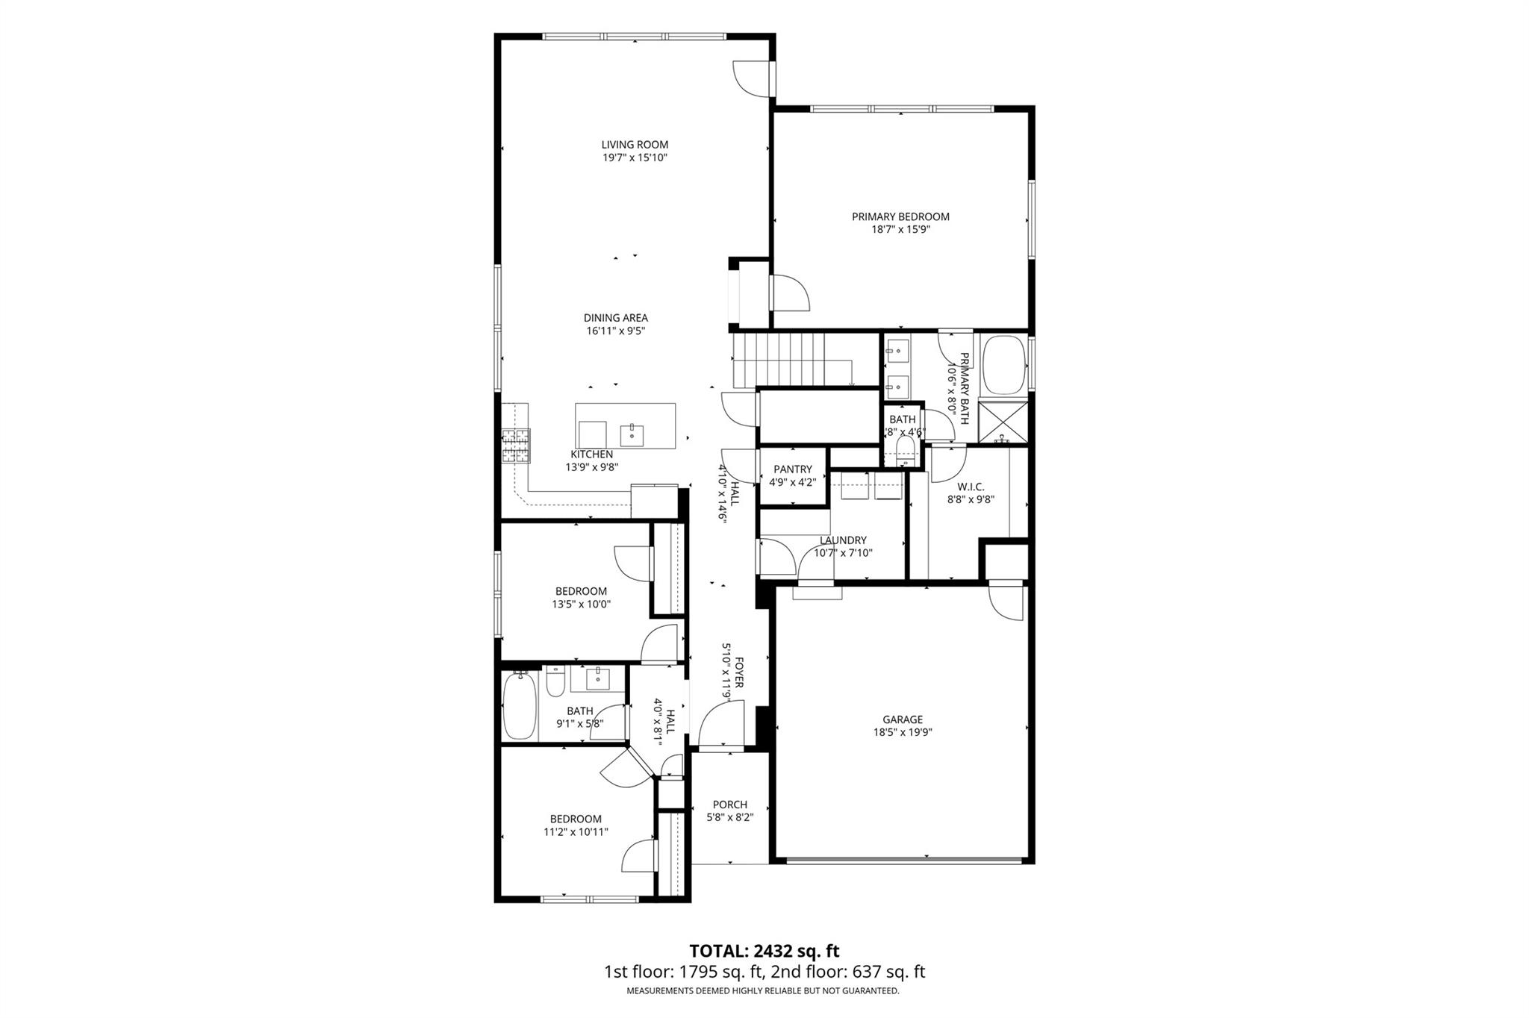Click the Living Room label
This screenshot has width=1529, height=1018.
(x=635, y=145)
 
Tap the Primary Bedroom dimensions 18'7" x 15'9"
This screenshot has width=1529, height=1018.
(x=900, y=230)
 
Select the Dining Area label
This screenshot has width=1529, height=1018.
(x=615, y=318)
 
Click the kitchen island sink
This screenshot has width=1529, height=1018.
(x=632, y=434)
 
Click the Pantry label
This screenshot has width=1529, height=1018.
(x=792, y=469)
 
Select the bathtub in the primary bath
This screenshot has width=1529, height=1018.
(x=1003, y=366)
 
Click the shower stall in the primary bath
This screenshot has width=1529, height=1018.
(x=1003, y=422)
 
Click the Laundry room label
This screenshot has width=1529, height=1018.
(x=843, y=540)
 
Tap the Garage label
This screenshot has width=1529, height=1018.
(x=903, y=719)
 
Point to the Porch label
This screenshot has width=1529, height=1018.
(x=729, y=805)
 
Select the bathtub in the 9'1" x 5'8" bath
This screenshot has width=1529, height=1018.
(x=520, y=705)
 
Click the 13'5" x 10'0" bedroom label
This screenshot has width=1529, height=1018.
(x=581, y=591)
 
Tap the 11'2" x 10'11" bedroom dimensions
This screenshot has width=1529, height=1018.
(x=576, y=831)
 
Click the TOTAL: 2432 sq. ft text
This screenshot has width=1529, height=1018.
(x=764, y=951)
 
